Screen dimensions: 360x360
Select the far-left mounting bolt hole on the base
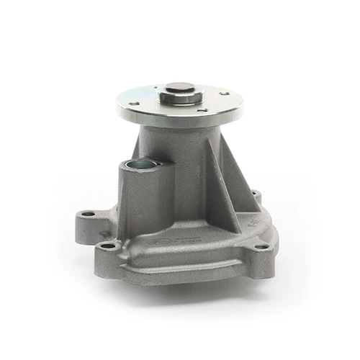pos(88,214)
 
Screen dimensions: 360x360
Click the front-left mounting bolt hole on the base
pos(108,246)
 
